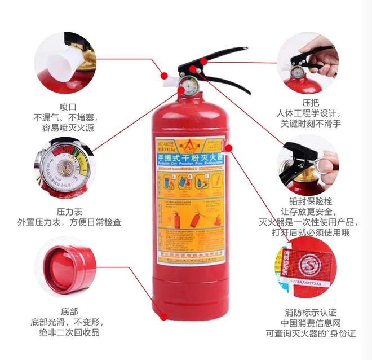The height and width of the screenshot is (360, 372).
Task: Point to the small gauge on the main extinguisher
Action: (x=188, y=87)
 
